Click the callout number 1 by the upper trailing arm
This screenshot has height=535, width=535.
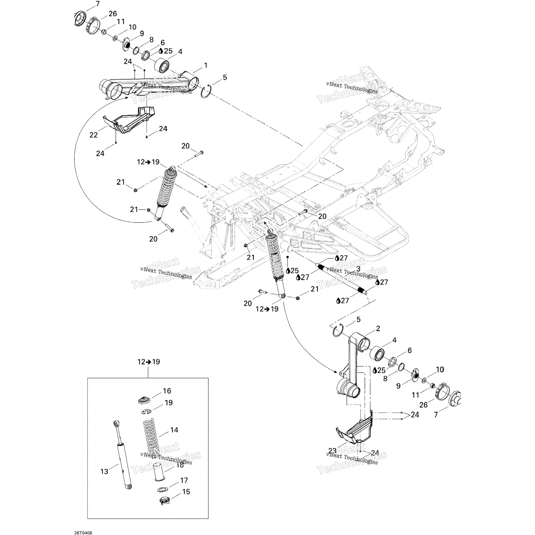[205, 66]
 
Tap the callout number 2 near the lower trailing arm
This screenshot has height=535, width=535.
[378, 328]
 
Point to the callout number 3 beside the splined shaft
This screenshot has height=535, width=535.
[358, 269]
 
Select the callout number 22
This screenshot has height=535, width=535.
[93, 135]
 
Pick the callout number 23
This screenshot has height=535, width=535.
[332, 450]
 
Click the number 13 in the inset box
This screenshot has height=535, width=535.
[104, 472]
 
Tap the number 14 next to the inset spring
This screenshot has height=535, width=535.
[174, 430]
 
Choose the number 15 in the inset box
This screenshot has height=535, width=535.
[186, 491]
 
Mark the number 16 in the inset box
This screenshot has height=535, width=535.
[167, 391]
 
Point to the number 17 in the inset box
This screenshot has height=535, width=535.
[184, 480]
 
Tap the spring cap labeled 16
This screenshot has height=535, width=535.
[145, 399]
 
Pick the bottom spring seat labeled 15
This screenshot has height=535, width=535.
[164, 501]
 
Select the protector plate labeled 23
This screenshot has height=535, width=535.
[355, 430]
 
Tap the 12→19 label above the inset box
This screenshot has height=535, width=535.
[148, 362]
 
